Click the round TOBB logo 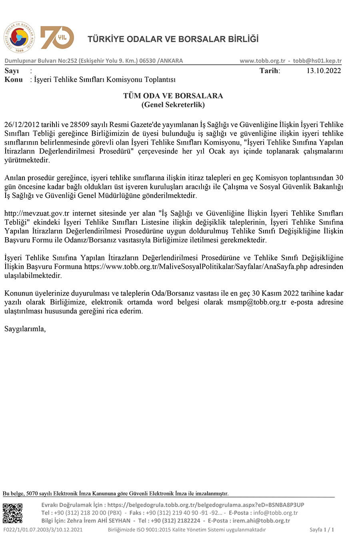tap(19, 38)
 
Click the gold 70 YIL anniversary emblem tap(57, 38)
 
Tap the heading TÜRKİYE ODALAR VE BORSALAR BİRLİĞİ tap(173, 39)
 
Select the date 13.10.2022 tap(324, 71)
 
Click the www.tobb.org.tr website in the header tap(262, 61)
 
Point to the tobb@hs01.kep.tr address tap(317, 61)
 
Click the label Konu tap(13, 80)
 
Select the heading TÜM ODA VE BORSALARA tap(173, 96)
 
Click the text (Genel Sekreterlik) tap(173, 105)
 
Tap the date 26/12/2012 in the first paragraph tap(21, 125)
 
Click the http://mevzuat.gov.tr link tap(37, 213)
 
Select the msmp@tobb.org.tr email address tap(257, 302)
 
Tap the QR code tap(12, 513)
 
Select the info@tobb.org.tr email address tap(276, 513)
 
